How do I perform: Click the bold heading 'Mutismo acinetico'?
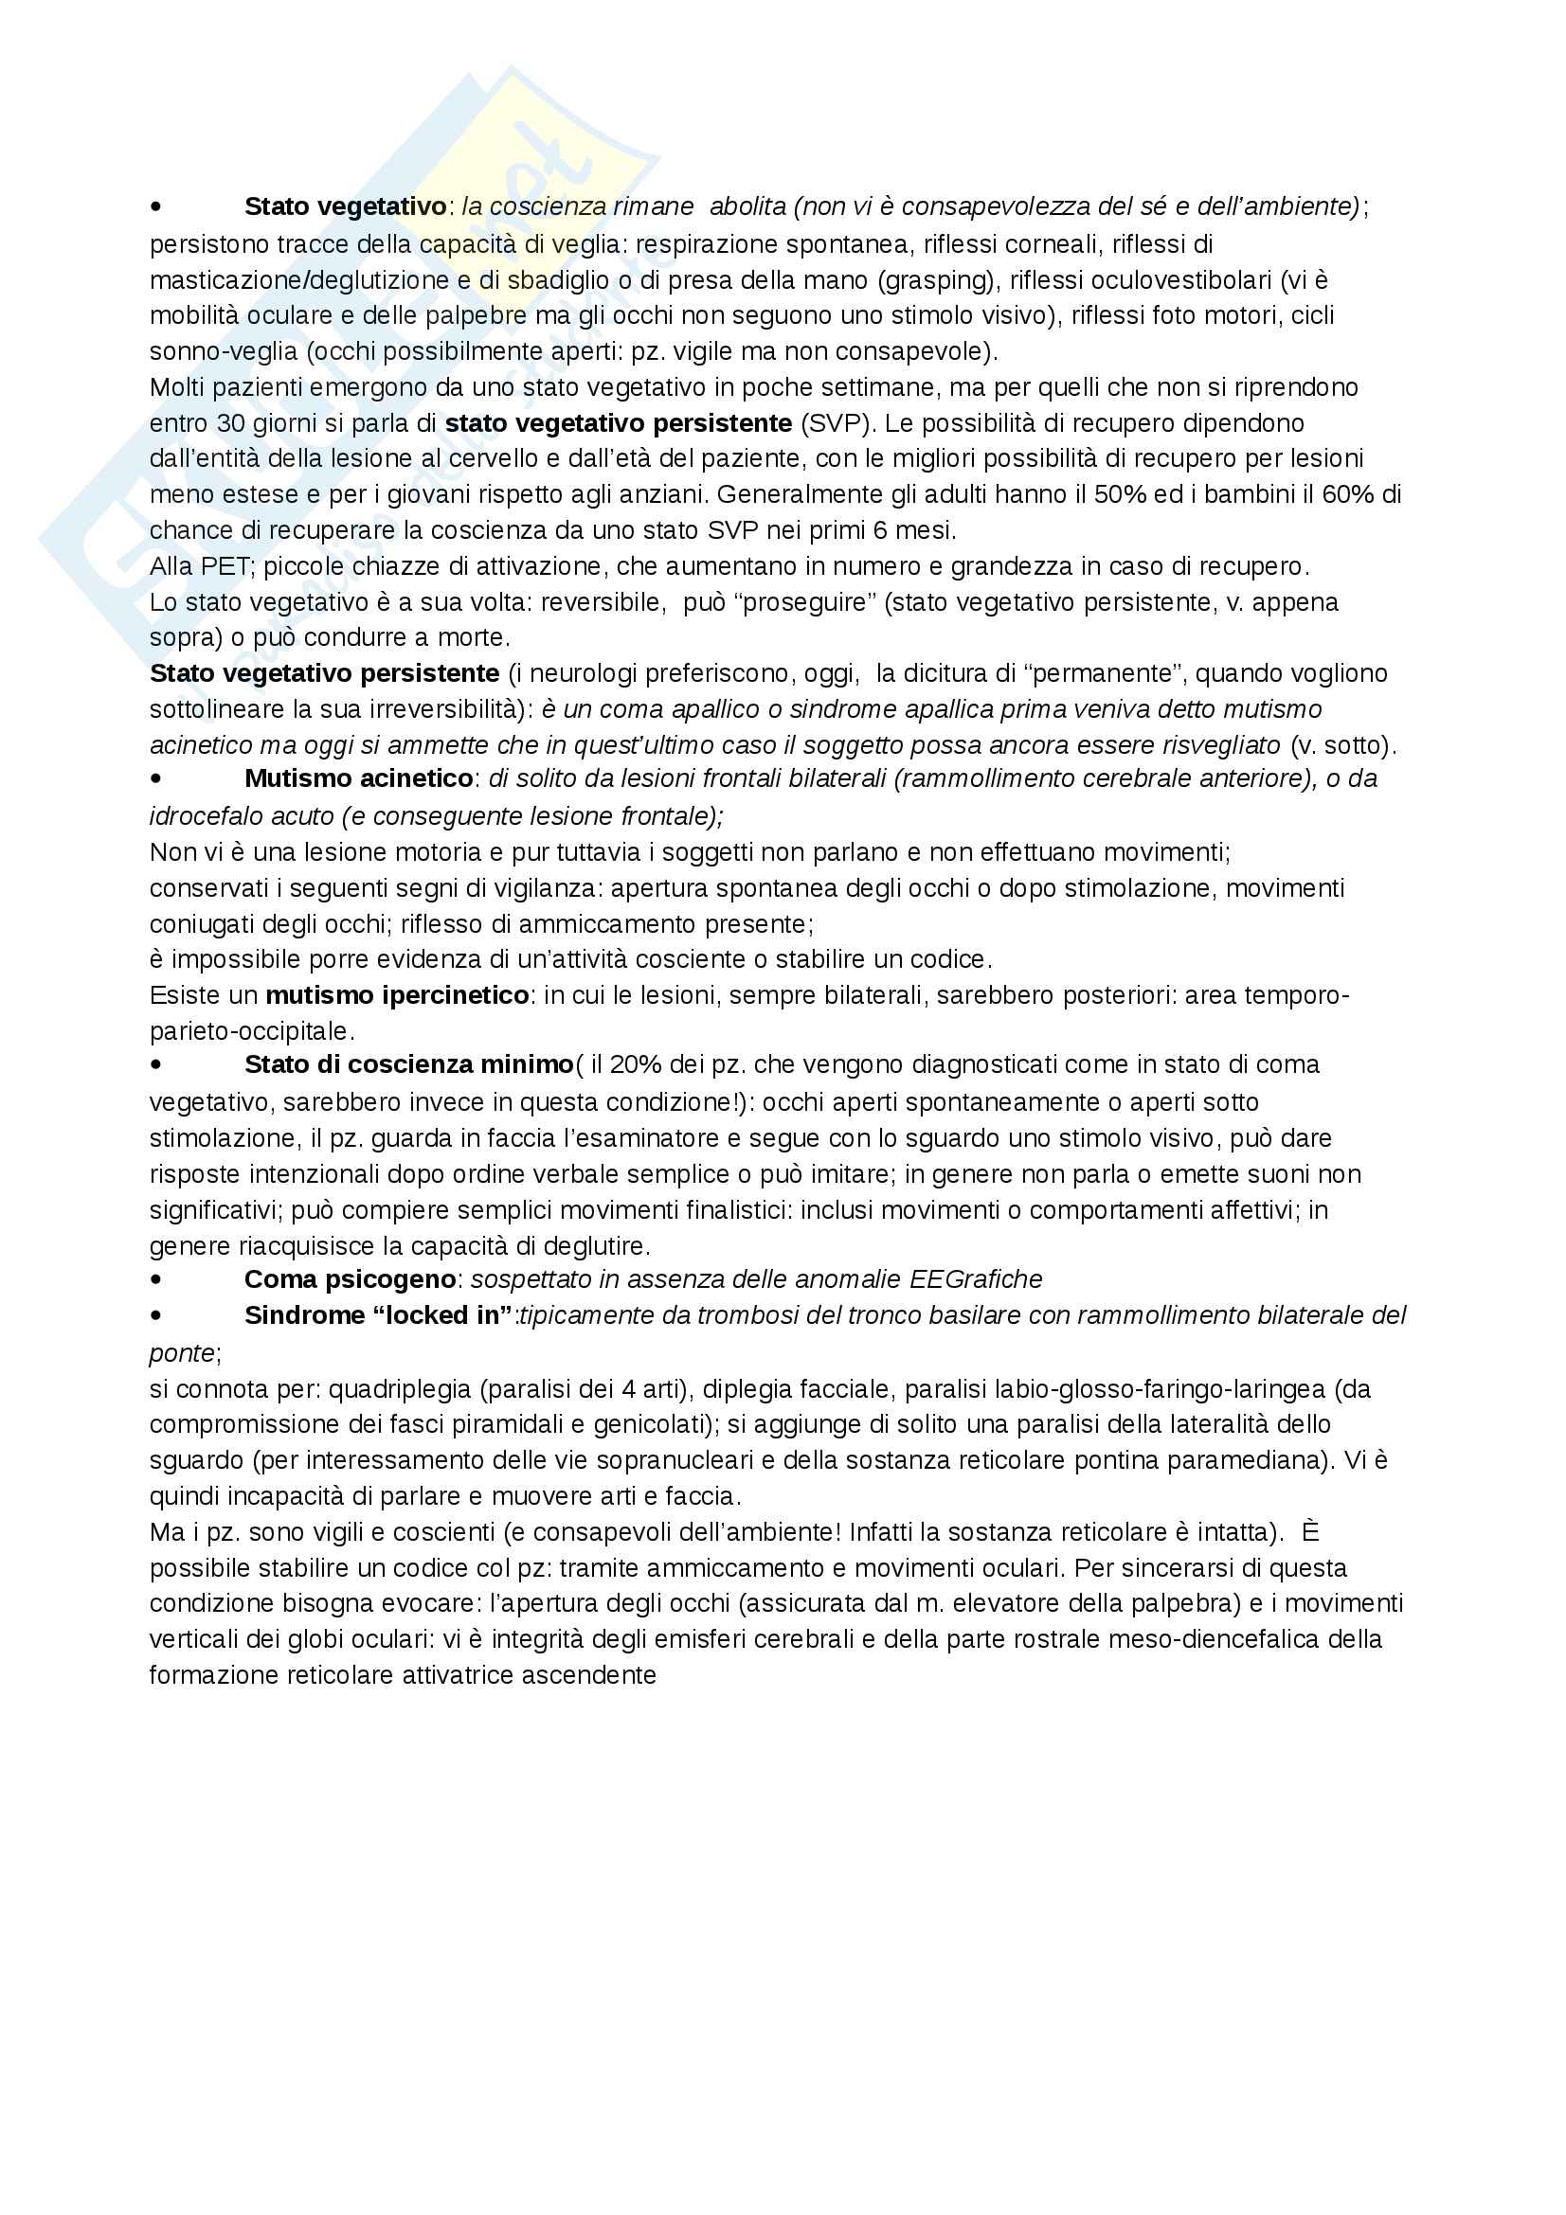pos(358,778)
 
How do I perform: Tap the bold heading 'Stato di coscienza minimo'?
pos(408,1064)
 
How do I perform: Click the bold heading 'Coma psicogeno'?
pos(350,1279)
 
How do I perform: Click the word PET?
pos(225,565)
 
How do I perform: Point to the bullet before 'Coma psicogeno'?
pos(156,1281)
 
